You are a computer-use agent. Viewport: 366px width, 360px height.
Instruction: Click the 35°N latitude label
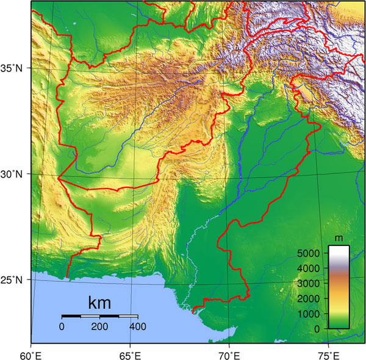click(12, 68)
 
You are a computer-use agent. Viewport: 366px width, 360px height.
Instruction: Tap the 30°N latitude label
click(12, 174)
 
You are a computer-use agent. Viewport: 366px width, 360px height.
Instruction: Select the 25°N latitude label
click(12, 280)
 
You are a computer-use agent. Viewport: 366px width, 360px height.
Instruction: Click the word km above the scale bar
click(99, 303)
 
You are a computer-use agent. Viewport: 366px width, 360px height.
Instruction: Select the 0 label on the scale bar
click(62, 326)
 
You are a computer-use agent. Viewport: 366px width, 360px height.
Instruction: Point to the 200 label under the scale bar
click(99, 326)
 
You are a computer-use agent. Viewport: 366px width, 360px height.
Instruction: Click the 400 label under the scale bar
click(137, 326)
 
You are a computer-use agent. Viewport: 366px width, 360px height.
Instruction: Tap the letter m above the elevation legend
click(339, 237)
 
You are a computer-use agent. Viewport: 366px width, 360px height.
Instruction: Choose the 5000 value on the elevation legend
click(309, 253)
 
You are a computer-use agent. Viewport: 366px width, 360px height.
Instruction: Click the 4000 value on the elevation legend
click(309, 268)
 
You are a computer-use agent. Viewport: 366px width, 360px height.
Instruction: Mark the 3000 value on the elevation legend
click(309, 283)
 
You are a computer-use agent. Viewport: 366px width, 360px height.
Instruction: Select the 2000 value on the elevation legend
click(309, 298)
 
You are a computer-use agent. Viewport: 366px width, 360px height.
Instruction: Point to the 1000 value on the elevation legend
click(309, 314)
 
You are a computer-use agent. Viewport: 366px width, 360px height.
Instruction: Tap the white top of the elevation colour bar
click(339, 250)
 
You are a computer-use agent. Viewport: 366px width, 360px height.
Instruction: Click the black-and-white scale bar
click(99, 316)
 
